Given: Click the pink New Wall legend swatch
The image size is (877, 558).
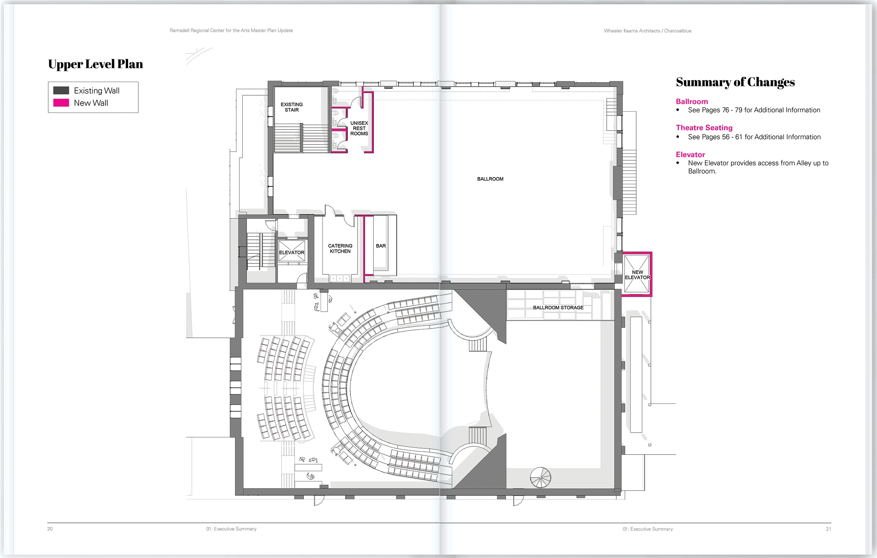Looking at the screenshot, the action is pyautogui.click(x=61, y=103).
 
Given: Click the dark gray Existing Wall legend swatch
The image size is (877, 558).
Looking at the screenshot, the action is pyautogui.click(x=61, y=90).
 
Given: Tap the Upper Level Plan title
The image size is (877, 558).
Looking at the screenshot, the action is pyautogui.click(x=96, y=64).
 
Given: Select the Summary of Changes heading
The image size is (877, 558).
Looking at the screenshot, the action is pyautogui.click(x=735, y=82).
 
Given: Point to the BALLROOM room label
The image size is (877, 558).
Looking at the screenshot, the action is pyautogui.click(x=490, y=179).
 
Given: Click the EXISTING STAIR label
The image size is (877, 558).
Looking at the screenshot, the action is pyautogui.click(x=292, y=107).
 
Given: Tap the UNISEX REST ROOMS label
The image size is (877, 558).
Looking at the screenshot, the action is pyautogui.click(x=359, y=128).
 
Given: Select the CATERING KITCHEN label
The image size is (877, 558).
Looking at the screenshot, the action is pyautogui.click(x=340, y=248).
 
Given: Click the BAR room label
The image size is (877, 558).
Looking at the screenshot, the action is pyautogui.click(x=381, y=246).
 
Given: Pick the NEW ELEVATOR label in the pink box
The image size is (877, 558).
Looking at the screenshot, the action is pyautogui.click(x=637, y=275).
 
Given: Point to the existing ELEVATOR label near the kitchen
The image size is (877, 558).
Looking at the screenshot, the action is pyautogui.click(x=292, y=252).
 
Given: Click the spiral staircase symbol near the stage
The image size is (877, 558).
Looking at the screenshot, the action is pyautogui.click(x=541, y=477).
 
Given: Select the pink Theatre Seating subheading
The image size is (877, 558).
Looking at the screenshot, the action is pyautogui.click(x=704, y=127).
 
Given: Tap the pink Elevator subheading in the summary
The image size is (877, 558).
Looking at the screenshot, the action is pyautogui.click(x=691, y=154).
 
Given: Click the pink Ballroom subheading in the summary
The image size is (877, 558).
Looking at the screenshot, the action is pyautogui.click(x=692, y=102).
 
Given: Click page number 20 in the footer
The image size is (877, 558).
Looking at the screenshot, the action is pyautogui.click(x=50, y=529).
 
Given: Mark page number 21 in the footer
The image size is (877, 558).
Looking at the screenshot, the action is pyautogui.click(x=829, y=529).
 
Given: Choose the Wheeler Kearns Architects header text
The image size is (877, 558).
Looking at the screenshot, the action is pyautogui.click(x=647, y=31).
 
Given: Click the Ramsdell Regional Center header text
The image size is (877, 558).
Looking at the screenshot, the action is pyautogui.click(x=231, y=30).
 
